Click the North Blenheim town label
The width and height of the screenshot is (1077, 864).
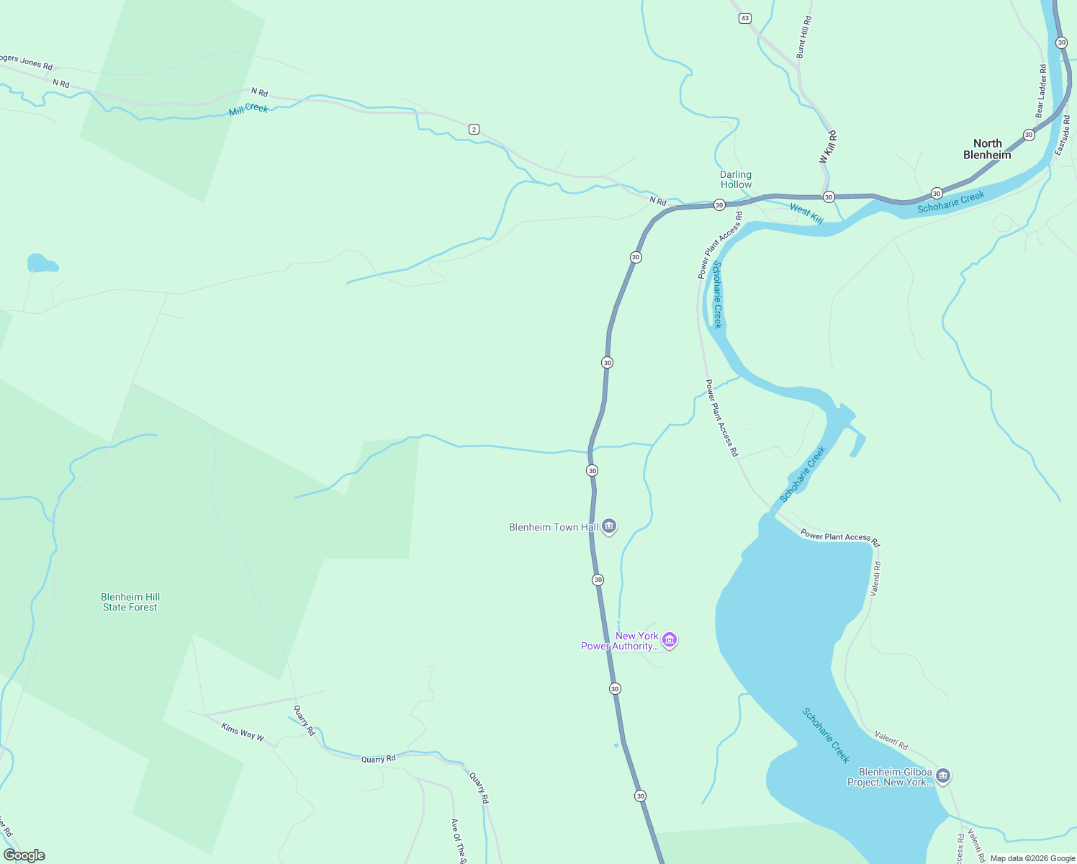pyautogui.click(x=987, y=149)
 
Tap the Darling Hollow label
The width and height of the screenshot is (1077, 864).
pyautogui.click(x=736, y=179)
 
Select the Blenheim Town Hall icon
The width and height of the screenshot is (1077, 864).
pyautogui.click(x=609, y=527)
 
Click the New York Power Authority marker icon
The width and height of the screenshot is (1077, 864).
pyautogui.click(x=670, y=640)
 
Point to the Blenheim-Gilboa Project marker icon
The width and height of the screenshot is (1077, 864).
pyautogui.click(x=944, y=776)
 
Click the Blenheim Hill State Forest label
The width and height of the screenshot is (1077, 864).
pyautogui.click(x=130, y=602)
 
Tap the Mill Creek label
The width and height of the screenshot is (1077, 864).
pyautogui.click(x=248, y=109)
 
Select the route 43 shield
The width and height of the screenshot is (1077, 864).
pyautogui.click(x=744, y=18)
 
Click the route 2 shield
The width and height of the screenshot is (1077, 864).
pyautogui.click(x=473, y=129)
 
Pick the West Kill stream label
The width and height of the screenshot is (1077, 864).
pyautogui.click(x=806, y=213)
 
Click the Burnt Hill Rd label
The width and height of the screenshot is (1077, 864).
pyautogui.click(x=804, y=37)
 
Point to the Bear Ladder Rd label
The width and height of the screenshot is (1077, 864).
pyautogui.click(x=1041, y=91)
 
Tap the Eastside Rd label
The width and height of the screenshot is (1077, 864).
pyautogui.click(x=1063, y=135)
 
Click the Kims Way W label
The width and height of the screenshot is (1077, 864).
pyautogui.click(x=243, y=732)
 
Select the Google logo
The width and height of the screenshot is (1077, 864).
pyautogui.click(x=24, y=855)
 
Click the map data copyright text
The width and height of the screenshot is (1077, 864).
pyautogui.click(x=1032, y=858)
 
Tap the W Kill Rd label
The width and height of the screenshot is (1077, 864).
pyautogui.click(x=828, y=147)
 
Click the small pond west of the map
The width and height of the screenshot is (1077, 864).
pyautogui.click(x=42, y=264)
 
